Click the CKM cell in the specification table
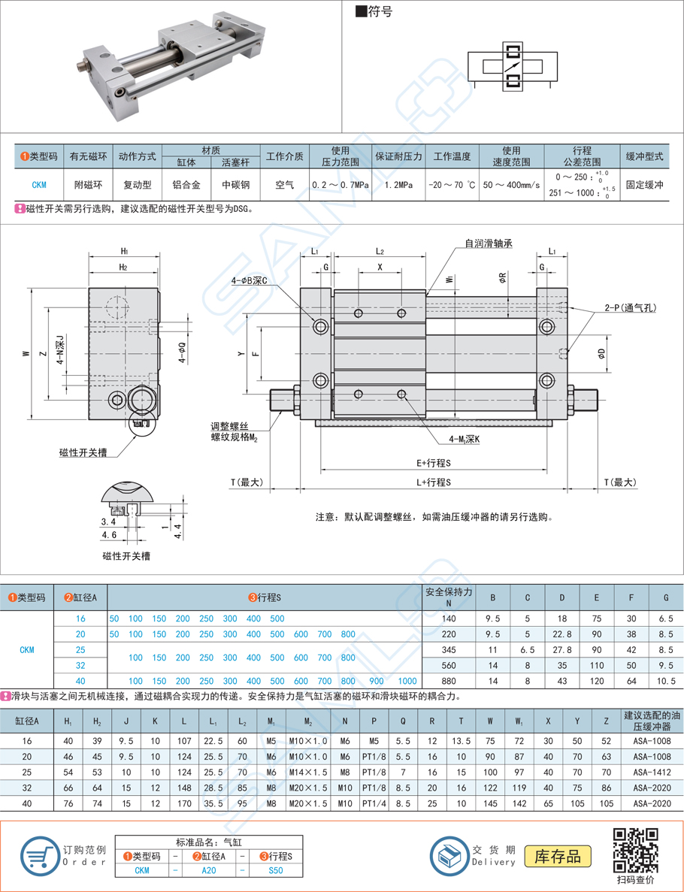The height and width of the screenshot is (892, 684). tap(38, 184)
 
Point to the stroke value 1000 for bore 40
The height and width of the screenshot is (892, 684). tap(407, 680)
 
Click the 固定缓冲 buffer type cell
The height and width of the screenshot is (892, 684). tap(644, 184)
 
